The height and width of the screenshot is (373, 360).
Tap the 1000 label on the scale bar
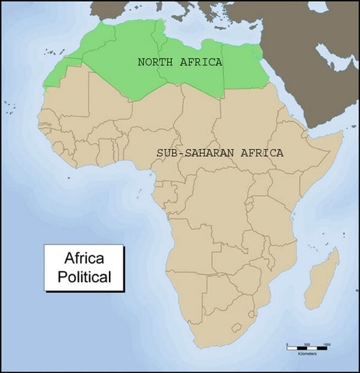point(327,343)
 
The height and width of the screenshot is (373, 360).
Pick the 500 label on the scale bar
point(307,343)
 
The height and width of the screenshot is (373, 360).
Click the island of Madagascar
point(321,280)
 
